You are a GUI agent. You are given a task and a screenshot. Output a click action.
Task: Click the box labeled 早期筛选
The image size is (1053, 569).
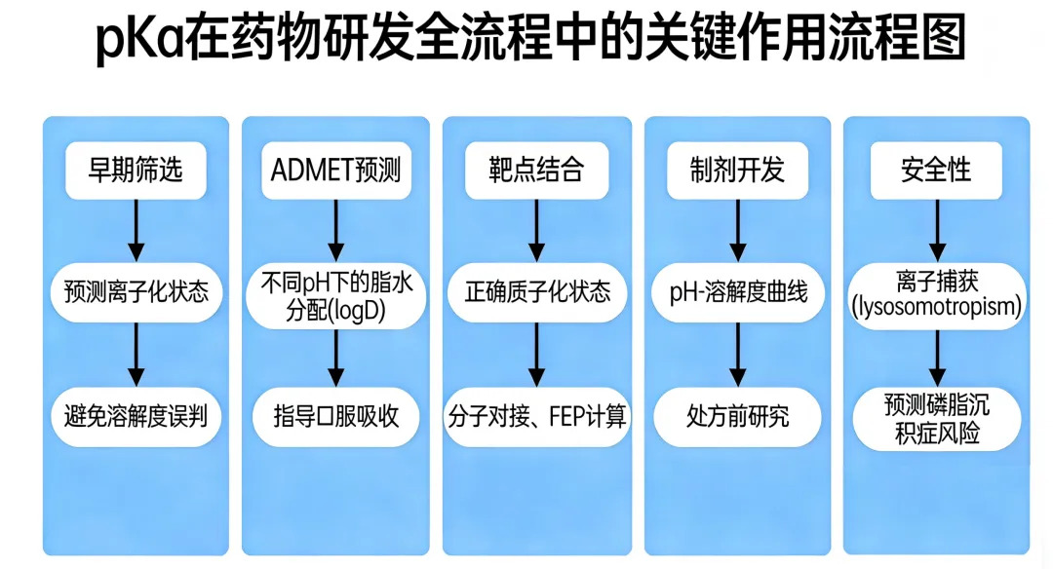pos(136,171)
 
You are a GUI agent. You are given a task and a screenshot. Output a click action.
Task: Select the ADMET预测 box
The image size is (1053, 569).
pos(335,171)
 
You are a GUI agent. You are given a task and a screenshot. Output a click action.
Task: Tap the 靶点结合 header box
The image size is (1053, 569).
pos(536,171)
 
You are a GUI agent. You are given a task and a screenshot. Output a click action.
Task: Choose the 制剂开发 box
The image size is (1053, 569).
pos(737,171)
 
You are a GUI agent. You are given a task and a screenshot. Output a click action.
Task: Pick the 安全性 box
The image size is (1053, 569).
pos(936,171)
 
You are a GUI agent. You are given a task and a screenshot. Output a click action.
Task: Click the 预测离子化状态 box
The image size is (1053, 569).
pos(136,291)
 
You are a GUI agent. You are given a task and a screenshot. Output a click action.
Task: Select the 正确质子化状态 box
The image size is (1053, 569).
pos(536,291)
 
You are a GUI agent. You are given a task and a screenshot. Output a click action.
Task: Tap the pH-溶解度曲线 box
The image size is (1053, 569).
pos(737,291)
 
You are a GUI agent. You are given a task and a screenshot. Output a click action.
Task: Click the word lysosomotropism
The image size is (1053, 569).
pos(936,308)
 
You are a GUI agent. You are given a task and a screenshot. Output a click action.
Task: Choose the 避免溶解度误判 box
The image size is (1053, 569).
pos(136,417)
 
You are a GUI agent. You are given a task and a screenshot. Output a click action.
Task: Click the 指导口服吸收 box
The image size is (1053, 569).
pos(335,417)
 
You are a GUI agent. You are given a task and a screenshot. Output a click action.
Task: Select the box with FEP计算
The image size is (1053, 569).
pos(536,417)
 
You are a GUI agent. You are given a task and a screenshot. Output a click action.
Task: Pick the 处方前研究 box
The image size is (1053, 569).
pos(737,417)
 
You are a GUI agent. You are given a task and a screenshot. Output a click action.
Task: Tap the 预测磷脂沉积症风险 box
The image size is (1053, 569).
pos(936,419)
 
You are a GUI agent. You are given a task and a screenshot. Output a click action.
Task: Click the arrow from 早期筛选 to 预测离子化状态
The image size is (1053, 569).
pos(136,230)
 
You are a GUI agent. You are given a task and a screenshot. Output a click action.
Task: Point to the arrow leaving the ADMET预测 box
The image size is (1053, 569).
pos(335,230)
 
